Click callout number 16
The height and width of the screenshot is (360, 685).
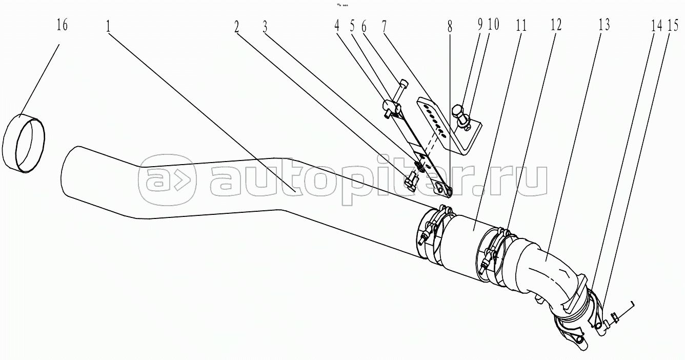point(62,26)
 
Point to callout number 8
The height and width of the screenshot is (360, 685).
point(450,26)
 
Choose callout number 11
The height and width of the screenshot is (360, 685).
point(521,26)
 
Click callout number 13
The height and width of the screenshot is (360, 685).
point(603,26)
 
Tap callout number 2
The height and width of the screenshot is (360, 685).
point(237,26)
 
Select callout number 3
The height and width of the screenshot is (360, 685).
point(265,26)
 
